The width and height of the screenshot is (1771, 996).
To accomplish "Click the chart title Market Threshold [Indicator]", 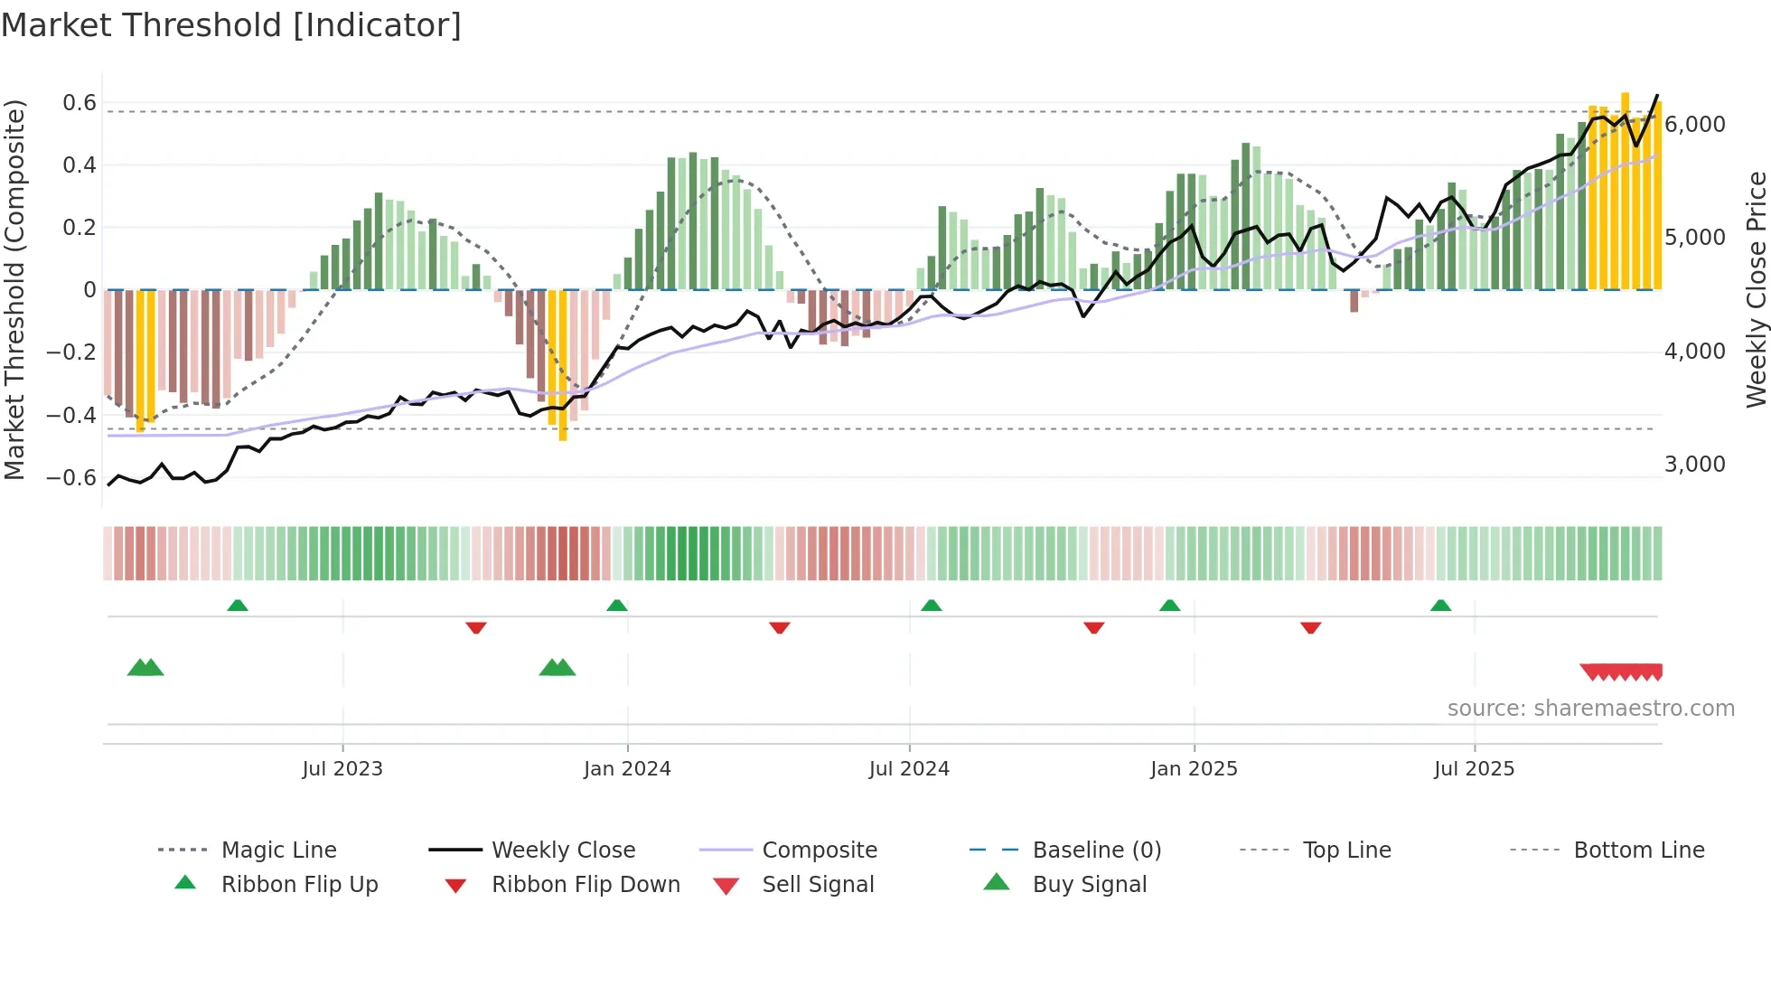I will pos(231,25).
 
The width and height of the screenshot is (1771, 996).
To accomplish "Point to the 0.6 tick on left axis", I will pos(79,103).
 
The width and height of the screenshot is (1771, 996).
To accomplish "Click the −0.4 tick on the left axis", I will pos(71,416).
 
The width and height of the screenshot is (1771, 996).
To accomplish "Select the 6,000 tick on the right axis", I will pos(1694,125).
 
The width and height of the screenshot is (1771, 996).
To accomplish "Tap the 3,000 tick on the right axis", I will pos(1694,465).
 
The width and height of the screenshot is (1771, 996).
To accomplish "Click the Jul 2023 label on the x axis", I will pos(342,769).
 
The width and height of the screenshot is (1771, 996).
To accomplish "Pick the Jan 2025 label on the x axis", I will pos(1194,769).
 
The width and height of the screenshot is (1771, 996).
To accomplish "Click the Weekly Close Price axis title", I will pos(1755,289).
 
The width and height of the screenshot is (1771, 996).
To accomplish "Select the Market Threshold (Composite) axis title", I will pos(15,289).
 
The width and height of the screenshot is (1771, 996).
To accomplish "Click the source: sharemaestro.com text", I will pos(1590,709).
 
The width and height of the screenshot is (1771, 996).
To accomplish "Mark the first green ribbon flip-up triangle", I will pos(238,605).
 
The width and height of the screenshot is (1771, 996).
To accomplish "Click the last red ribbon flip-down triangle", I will pos(1310,627).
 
